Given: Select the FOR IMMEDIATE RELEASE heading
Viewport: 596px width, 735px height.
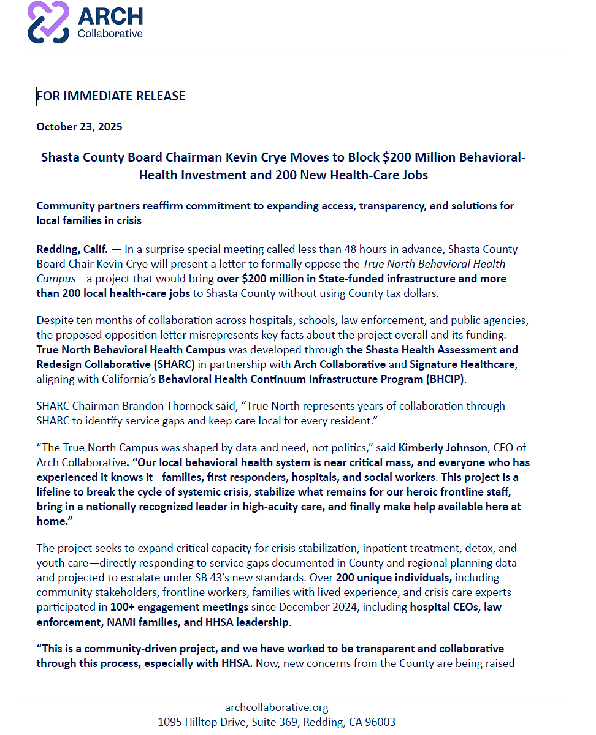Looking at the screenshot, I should click(111, 96).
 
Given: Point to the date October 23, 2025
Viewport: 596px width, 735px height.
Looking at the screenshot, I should click(79, 127).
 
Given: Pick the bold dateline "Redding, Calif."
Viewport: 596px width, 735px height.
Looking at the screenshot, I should click(72, 249).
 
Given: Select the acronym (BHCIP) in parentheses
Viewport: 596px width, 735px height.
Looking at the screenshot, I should click(443, 379).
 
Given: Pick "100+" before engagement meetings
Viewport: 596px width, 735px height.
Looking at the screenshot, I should click(123, 607).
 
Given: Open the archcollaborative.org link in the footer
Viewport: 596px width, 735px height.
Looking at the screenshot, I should click(277, 707).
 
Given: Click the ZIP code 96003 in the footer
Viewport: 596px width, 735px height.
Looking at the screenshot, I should click(380, 722).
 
